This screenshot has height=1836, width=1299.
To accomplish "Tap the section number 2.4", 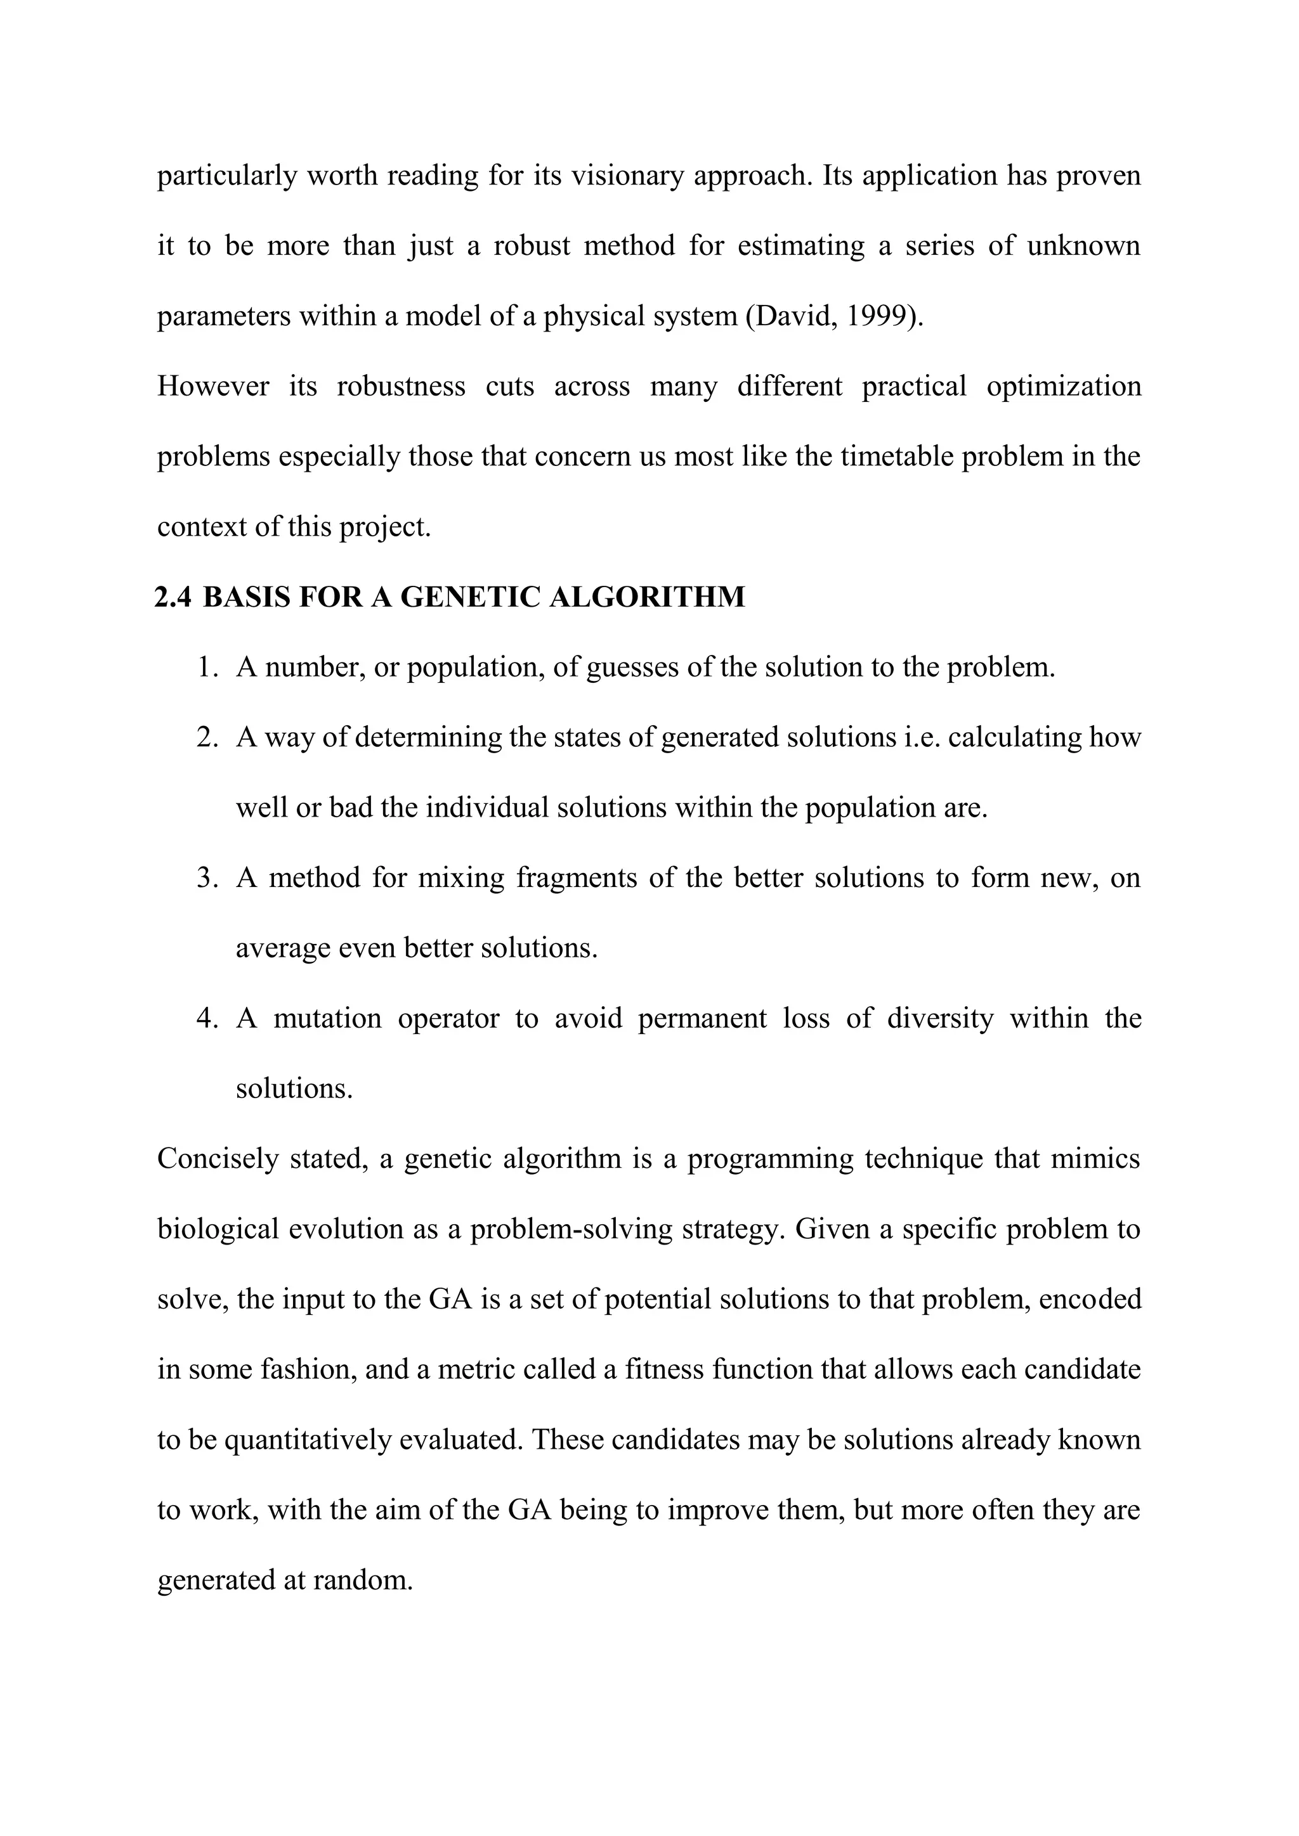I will (x=173, y=597).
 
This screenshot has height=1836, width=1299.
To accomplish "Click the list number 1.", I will (x=206, y=667).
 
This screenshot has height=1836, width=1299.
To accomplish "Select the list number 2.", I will (x=206, y=737).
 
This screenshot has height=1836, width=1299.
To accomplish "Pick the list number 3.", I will (x=206, y=878).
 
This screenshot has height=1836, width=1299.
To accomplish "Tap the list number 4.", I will (x=206, y=1019).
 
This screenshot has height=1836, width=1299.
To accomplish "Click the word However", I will (x=212, y=387).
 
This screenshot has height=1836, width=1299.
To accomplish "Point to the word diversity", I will (x=940, y=1019).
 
